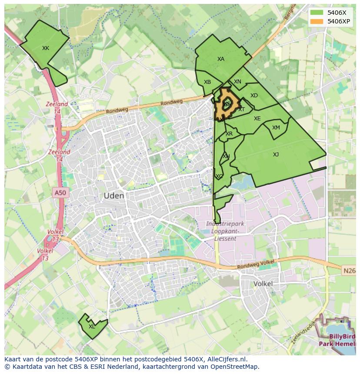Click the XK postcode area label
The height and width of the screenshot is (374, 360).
pos(46,48)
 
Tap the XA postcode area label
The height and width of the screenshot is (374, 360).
pos(221,59)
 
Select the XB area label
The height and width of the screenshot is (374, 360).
pos(207,82)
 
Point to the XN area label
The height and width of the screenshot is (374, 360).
pos(237,82)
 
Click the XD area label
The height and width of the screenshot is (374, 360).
pos(254,96)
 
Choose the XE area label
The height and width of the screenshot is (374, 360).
pos(257,119)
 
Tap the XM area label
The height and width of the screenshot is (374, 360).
pos(276,128)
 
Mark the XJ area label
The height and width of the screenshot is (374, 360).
pos(276,155)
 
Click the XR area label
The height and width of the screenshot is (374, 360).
pos(229,134)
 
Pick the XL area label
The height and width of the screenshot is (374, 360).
pos(92,327)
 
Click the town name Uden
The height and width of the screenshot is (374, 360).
pos(114,196)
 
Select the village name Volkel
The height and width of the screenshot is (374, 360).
pos(263,284)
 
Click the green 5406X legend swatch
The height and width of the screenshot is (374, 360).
pos(317,13)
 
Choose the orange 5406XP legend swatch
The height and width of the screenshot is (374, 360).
pos(317,21)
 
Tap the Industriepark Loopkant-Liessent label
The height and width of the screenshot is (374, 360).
pos(225,231)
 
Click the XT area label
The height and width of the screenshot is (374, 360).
pos(241,109)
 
